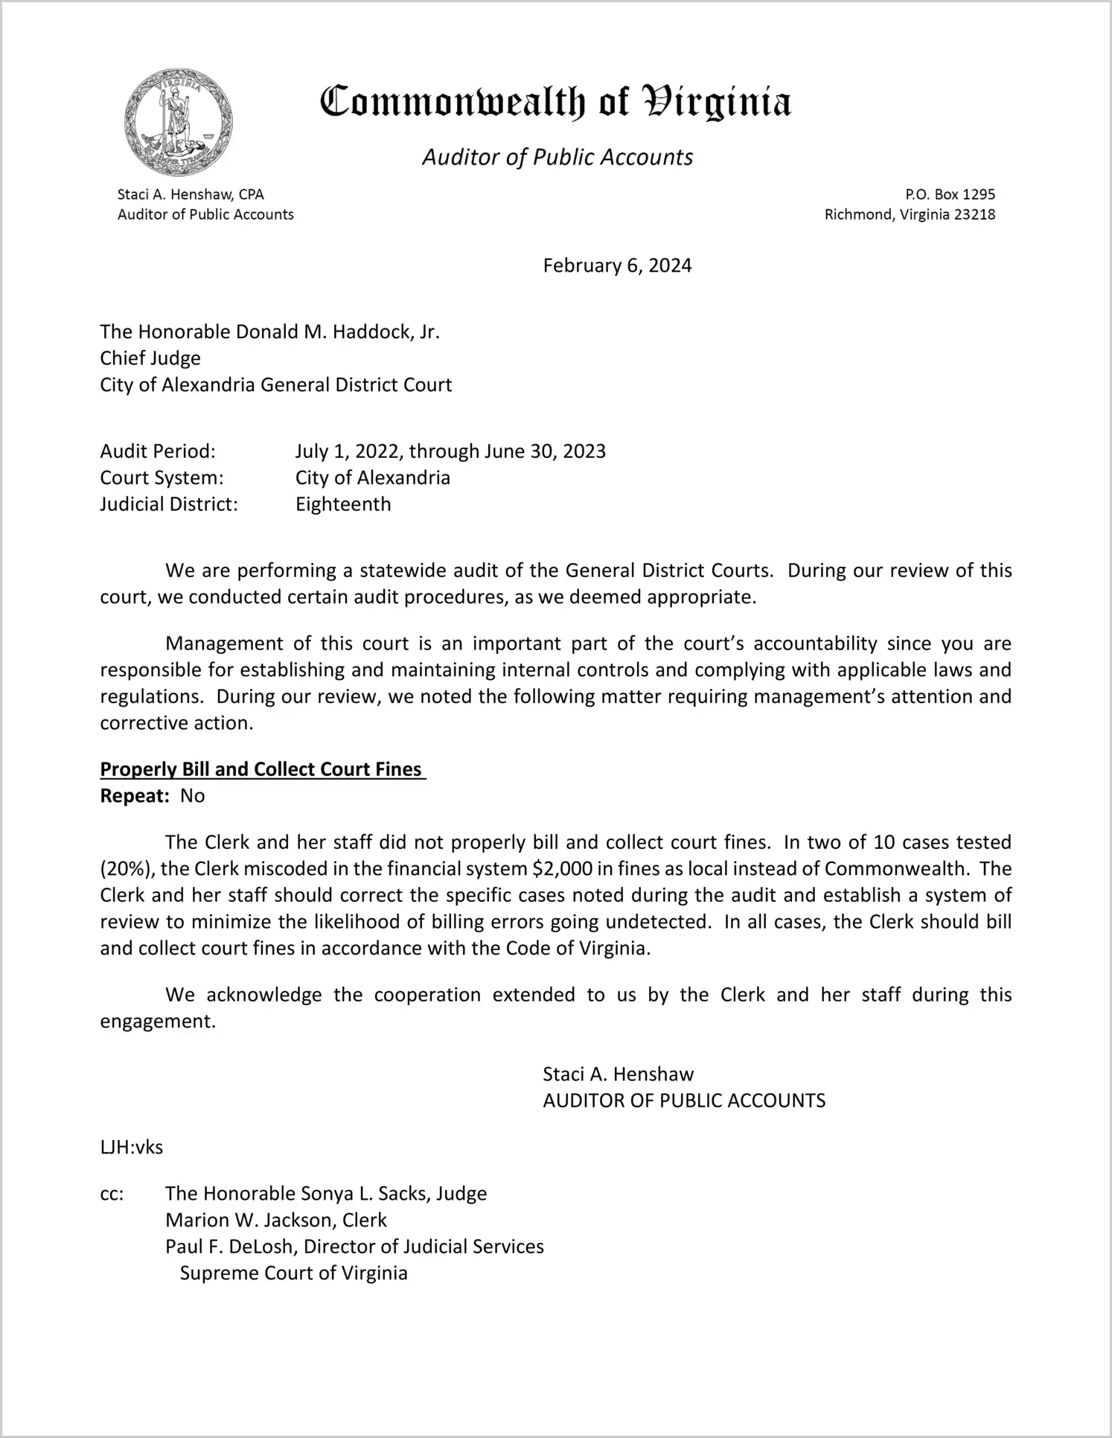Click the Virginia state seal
click(179, 122)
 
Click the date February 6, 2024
click(617, 266)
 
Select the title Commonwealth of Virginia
click(555, 103)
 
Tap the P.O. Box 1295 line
click(950, 194)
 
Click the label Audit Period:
click(158, 451)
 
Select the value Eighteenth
click(343, 504)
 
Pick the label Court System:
click(162, 477)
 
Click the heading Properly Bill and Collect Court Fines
click(261, 769)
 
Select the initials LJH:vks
click(132, 1147)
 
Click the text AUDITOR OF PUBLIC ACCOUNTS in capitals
click(684, 1101)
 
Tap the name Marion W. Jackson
click(248, 1220)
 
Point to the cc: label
click(112, 1194)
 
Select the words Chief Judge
click(150, 358)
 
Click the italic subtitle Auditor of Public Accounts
click(557, 157)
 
